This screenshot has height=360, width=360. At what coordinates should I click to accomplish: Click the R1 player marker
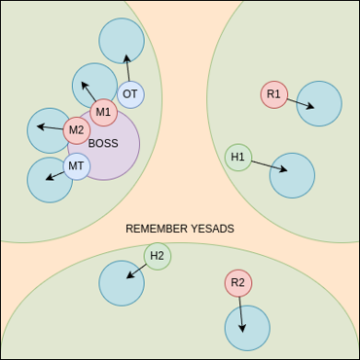274,94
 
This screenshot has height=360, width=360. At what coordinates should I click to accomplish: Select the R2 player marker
238,283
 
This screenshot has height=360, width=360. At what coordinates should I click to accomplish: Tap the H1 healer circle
238,158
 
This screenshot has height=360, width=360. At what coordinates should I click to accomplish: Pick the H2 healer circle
158,256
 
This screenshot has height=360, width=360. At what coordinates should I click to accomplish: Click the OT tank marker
130,94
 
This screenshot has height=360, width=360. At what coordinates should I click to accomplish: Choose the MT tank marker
77,166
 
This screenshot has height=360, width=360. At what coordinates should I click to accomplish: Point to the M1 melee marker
103,113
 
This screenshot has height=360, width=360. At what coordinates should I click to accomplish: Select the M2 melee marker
77,130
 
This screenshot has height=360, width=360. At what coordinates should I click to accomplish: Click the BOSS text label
103,144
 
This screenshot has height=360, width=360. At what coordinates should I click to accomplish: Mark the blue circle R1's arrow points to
319,103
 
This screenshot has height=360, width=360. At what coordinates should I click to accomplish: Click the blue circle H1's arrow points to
292,175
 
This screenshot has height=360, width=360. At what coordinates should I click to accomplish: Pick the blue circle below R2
247,328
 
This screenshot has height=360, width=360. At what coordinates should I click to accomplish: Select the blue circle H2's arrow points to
122,283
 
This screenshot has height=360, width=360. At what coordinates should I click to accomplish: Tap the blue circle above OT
122,41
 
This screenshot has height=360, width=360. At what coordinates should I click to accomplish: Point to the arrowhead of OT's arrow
126,55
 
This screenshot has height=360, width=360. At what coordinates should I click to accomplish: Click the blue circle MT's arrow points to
50,180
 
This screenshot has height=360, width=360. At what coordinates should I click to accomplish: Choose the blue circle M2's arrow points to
49,130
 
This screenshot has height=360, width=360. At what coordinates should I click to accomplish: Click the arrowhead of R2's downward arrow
242,332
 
